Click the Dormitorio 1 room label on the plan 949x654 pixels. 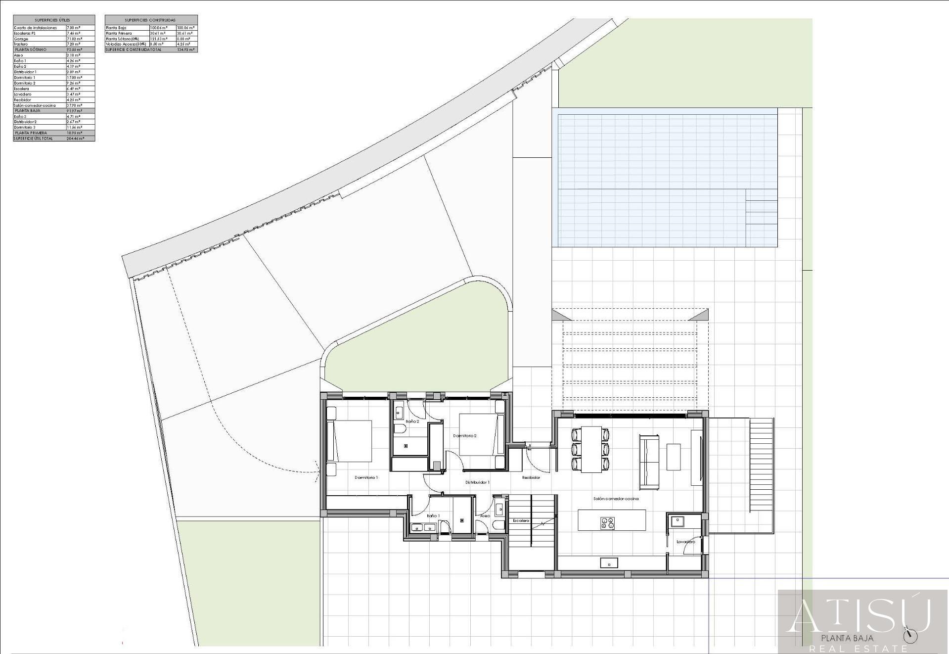click(x=366, y=477)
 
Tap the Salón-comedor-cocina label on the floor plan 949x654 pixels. click(x=616, y=499)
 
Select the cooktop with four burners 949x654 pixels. click(x=607, y=523)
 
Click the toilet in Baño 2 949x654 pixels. click(x=399, y=428)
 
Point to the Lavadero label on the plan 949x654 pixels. click(x=685, y=542)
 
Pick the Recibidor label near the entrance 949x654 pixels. click(x=531, y=477)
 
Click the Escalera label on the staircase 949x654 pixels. click(x=521, y=520)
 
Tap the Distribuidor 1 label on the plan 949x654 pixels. click(x=477, y=482)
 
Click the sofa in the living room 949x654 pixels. click(x=649, y=461)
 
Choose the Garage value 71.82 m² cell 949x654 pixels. click(x=74, y=39)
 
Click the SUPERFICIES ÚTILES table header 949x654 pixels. click(x=52, y=20)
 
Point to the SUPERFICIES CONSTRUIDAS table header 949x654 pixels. click(x=151, y=20)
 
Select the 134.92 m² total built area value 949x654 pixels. click(x=186, y=49)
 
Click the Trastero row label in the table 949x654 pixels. click(x=21, y=44)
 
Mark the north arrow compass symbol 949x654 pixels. click(x=909, y=636)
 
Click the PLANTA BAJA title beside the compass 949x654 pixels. click(x=847, y=638)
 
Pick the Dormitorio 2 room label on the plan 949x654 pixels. click(x=465, y=436)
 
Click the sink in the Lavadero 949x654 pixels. click(x=677, y=520)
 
